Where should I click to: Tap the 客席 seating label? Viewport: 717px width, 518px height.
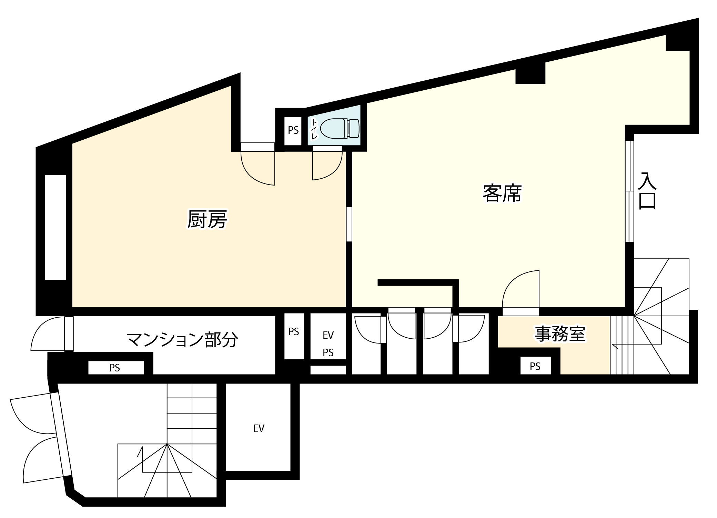pos(502,193)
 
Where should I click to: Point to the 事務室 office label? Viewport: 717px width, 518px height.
pos(560,333)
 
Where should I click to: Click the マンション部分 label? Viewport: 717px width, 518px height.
pos(182,340)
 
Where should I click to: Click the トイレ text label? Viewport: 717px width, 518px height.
pos(314,129)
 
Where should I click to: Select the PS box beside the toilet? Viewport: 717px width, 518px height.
pos(293,130)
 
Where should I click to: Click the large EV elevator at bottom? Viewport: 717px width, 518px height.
pos(259,428)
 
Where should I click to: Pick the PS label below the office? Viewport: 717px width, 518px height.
pos(535,367)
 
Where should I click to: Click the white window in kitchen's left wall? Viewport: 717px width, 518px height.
pos(55,227)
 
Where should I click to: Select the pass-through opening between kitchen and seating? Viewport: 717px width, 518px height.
pos(349,224)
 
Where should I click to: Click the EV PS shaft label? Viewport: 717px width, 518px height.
pos(328,343)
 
